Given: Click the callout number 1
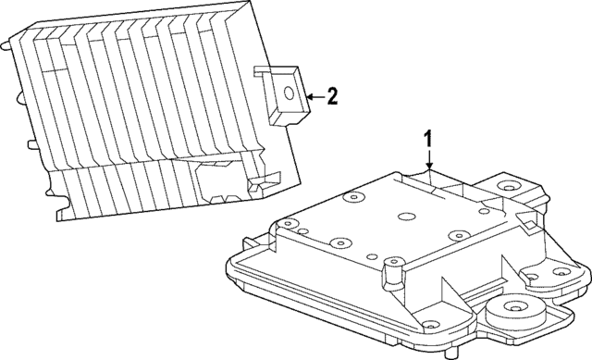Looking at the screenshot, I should [x=428, y=139].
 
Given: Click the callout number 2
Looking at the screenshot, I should [x=334, y=95].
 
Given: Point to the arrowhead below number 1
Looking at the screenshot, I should [x=428, y=168].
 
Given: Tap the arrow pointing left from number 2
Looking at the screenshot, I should [x=312, y=95].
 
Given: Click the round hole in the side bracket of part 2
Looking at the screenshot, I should [x=290, y=92].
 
